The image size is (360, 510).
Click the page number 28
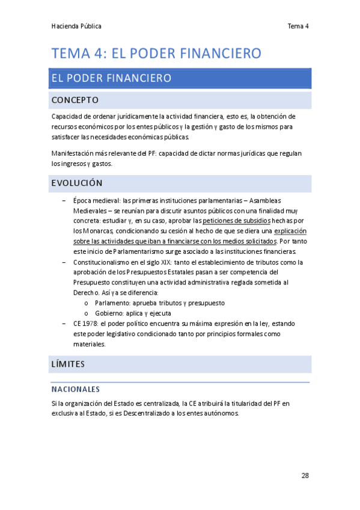(305, 476)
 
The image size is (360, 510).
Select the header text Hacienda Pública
(76, 26)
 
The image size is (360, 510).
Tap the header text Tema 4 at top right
(297, 26)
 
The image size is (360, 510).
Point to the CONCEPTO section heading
(75, 100)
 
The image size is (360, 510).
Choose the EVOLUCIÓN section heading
(77, 183)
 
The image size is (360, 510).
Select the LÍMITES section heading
(69, 364)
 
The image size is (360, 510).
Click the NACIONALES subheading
(76, 389)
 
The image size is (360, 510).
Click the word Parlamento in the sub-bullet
(114, 303)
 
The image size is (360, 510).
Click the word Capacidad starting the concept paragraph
(67, 116)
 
